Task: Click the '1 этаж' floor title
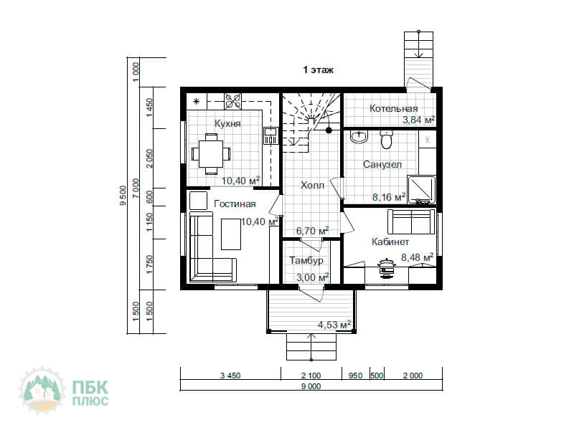[318, 70]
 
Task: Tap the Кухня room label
[227, 123]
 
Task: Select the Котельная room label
[393, 109]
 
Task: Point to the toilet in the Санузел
[386, 139]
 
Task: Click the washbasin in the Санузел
[359, 137]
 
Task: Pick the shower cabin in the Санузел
[422, 190]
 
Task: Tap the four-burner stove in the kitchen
[233, 101]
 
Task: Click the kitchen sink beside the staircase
[270, 135]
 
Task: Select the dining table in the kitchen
[211, 154]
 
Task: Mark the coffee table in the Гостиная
[231, 234]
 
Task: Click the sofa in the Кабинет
[411, 221]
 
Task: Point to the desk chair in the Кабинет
[387, 269]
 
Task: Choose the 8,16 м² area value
[389, 197]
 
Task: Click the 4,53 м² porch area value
[334, 325]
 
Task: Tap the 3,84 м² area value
[419, 120]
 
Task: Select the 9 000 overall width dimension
[311, 386]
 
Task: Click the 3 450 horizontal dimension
[230, 376]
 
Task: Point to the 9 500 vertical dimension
[123, 196]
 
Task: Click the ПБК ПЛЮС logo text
[90, 393]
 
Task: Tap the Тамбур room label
[306, 260]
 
